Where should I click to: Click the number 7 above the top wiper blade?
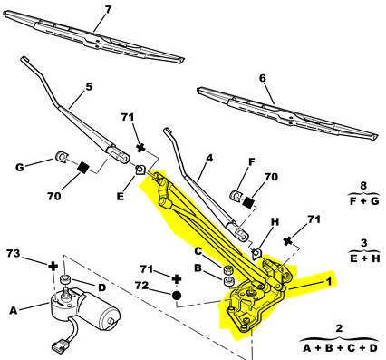[108, 9]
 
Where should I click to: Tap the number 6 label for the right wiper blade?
[263, 78]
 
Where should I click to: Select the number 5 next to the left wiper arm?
[88, 87]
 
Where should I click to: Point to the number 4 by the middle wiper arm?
[209, 158]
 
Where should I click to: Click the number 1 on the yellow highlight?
[328, 282]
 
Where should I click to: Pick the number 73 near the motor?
[14, 253]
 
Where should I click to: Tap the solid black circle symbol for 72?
[177, 295]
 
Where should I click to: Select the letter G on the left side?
[20, 167]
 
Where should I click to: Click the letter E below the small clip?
[121, 197]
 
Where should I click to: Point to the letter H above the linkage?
[275, 222]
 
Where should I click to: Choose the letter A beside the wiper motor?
[14, 310]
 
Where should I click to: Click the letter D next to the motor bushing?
[102, 287]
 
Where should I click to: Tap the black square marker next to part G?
[83, 167]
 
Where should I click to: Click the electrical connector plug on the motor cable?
[60, 346]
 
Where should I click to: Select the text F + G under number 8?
[364, 201]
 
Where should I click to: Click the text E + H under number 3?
[364, 258]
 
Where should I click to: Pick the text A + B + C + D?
[340, 348]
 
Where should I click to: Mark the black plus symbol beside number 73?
[53, 267]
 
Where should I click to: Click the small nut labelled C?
[228, 270]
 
